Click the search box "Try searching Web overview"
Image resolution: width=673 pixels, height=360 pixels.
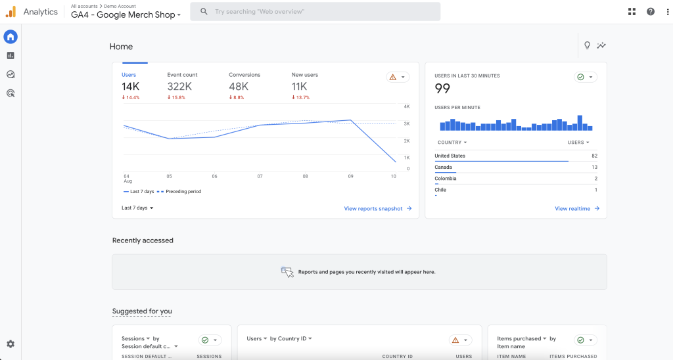coord(315,12)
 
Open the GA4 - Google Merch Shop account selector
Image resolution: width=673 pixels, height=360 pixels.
coord(126,15)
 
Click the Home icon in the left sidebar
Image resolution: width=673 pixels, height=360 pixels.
coord(11,37)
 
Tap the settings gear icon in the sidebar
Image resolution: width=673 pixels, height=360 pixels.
coord(11,344)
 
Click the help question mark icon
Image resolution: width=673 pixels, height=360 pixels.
coord(651,12)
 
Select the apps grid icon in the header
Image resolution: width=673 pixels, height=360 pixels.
coord(632,12)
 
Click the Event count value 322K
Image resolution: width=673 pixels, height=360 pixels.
coord(179,87)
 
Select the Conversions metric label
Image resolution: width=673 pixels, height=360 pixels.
coord(244,75)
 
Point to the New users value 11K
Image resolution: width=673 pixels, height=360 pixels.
coord(299,87)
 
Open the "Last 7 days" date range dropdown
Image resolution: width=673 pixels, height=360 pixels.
coord(137,208)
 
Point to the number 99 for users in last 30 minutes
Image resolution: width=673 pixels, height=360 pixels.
coord(442,88)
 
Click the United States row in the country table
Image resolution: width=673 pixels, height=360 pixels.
coord(450,156)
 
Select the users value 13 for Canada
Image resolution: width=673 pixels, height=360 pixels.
coord(594,168)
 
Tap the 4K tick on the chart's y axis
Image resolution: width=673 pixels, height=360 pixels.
coord(406,106)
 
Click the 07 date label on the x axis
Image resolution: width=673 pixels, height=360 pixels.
coord(260,177)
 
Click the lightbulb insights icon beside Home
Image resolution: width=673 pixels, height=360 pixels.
coord(588,45)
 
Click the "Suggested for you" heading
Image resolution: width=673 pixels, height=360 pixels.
coord(142,311)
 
